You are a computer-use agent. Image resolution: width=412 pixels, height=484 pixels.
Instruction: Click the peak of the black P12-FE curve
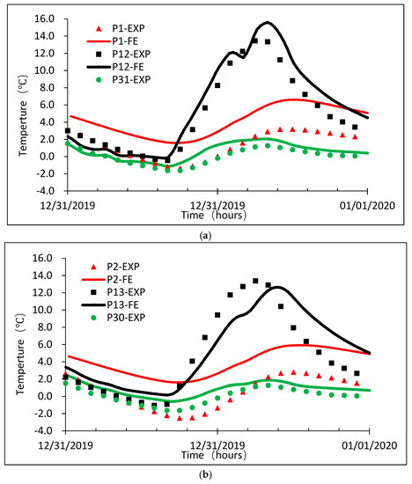click(x=267, y=23)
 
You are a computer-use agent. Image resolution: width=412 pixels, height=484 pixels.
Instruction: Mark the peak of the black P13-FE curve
click(x=278, y=287)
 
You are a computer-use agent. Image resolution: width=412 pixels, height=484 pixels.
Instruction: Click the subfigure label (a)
click(x=205, y=236)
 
